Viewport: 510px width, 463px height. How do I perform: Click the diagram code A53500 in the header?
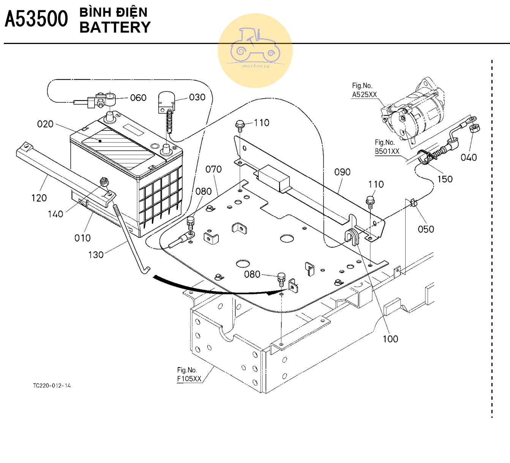click(36, 19)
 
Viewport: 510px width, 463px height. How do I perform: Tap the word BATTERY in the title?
click(115, 27)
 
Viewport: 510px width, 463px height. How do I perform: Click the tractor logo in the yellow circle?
click(255, 46)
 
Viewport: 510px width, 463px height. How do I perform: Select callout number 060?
click(138, 98)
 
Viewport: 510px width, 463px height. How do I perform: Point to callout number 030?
click(197, 97)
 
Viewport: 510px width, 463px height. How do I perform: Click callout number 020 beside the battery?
click(45, 124)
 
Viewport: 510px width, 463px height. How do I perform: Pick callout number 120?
click(39, 198)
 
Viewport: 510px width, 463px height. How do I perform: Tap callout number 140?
click(55, 214)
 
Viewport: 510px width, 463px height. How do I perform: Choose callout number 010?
click(82, 238)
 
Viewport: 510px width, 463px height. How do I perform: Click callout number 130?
click(96, 254)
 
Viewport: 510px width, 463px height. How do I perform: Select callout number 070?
click(213, 169)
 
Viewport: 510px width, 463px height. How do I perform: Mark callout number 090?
click(342, 172)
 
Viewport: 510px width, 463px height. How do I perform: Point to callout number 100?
click(390, 339)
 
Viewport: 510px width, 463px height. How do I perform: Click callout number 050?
click(426, 229)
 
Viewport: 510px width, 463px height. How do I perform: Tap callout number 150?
click(445, 179)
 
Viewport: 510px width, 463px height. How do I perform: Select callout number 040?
click(469, 157)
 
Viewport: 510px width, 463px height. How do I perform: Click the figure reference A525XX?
click(364, 94)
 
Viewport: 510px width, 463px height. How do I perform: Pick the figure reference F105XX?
click(189, 378)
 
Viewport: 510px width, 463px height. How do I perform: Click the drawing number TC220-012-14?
click(52, 386)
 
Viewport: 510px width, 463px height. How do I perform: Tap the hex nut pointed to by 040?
click(475, 129)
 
